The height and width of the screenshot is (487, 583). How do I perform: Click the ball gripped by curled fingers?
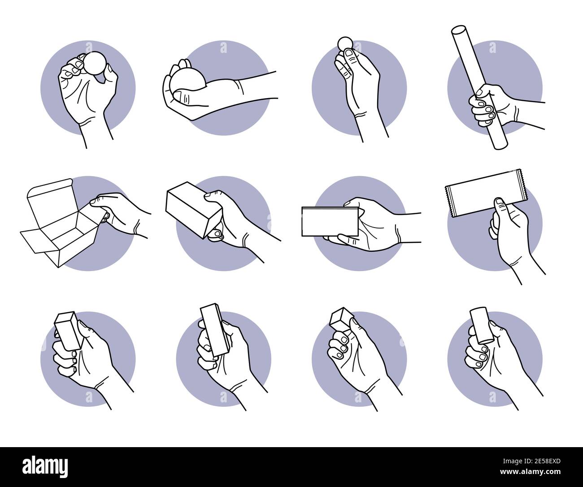(x=95, y=63)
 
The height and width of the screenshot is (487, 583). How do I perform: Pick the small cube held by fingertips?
(x=340, y=319)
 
